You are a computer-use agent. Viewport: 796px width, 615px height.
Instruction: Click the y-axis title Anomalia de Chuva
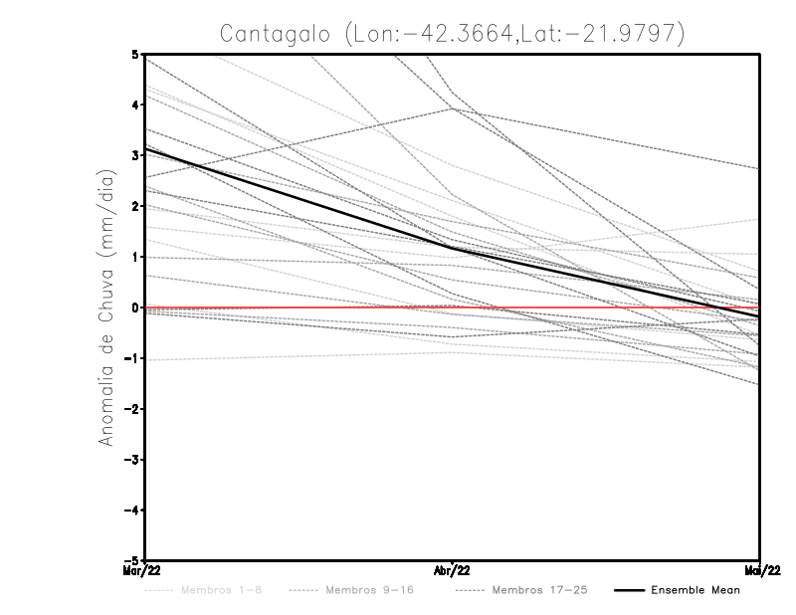pyautogui.click(x=103, y=307)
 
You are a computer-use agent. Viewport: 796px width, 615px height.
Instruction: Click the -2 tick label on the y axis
pyautogui.click(x=133, y=409)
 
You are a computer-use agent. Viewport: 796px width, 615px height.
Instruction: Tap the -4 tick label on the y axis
pyautogui.click(x=133, y=511)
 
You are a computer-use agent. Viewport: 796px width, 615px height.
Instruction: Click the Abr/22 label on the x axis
pyautogui.click(x=453, y=570)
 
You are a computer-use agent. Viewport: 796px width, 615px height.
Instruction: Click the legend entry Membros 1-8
pyautogui.click(x=221, y=590)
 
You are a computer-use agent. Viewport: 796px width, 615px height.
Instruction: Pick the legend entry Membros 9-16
pyautogui.click(x=368, y=590)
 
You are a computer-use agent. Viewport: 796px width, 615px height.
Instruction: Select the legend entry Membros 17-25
pyautogui.click(x=538, y=590)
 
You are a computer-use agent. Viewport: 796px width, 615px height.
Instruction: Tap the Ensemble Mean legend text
pyautogui.click(x=695, y=590)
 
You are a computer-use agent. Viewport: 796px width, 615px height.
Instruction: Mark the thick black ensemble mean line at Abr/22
pyautogui.click(x=453, y=248)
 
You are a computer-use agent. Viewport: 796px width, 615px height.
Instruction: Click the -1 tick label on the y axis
pyautogui.click(x=133, y=358)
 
